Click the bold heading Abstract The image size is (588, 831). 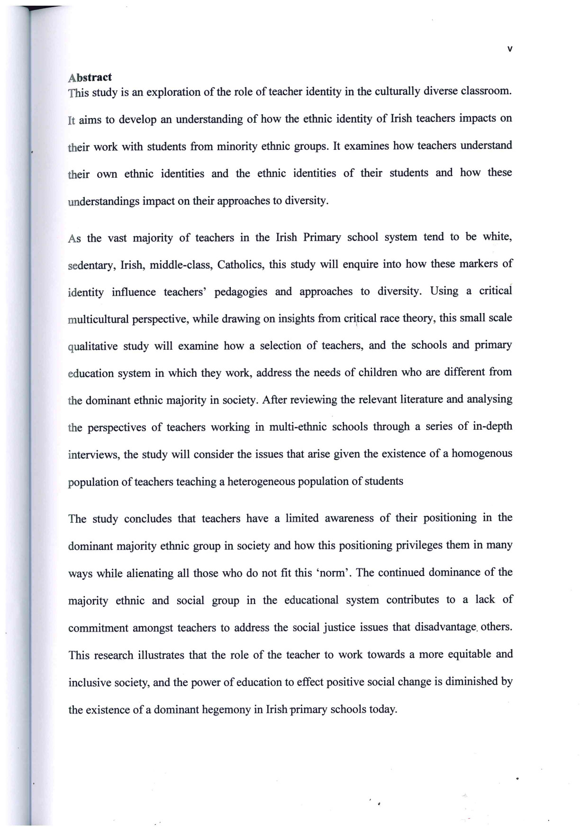click(x=90, y=77)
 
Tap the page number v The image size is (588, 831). click(x=509, y=49)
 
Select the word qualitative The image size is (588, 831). click(x=93, y=347)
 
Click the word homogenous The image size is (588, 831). click(x=482, y=453)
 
